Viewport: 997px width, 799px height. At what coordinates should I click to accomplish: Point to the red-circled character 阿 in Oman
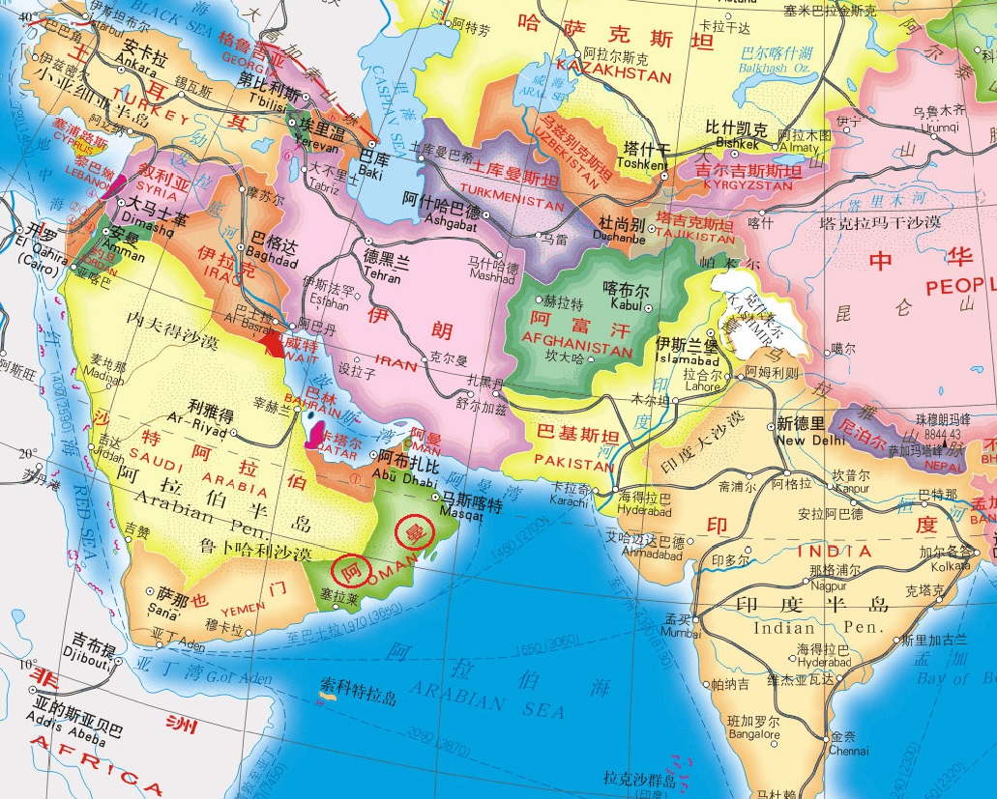[x=349, y=568]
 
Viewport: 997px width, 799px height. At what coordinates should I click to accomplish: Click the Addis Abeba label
[x=73, y=717]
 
